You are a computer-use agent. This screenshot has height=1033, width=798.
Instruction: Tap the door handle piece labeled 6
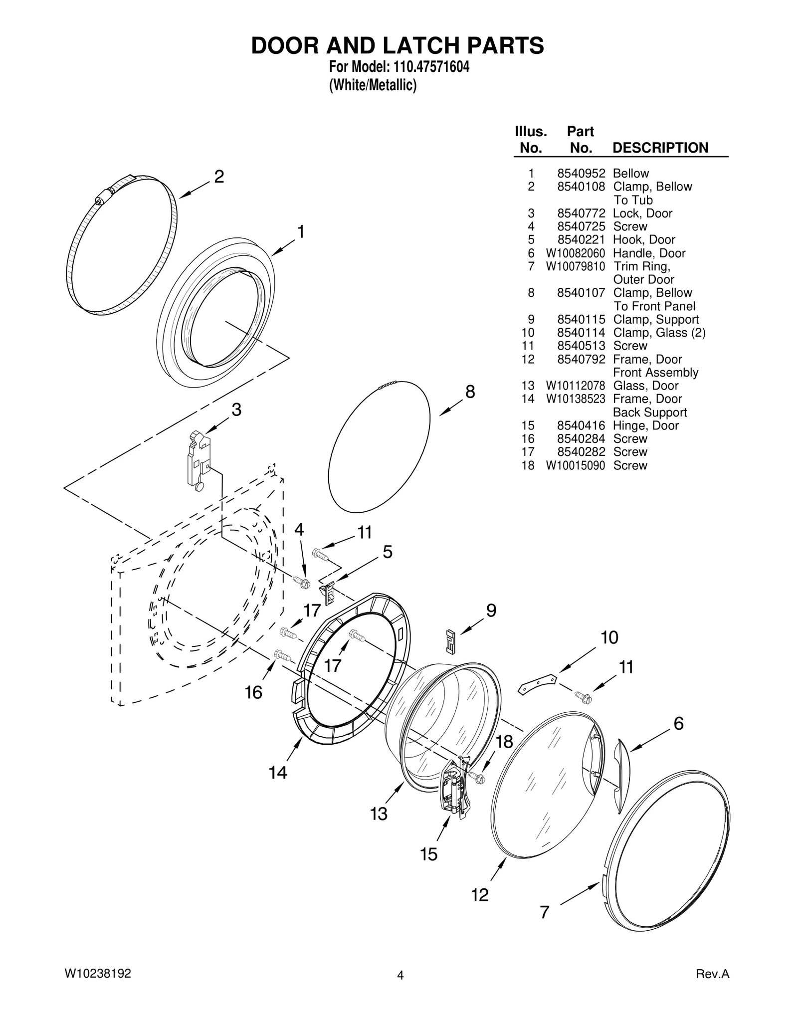622,769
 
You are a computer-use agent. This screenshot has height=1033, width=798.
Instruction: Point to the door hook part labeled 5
329,593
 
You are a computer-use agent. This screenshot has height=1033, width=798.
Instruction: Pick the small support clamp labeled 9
450,640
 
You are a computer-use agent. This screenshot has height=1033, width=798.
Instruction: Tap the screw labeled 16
282,655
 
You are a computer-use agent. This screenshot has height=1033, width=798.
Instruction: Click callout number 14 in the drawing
278,773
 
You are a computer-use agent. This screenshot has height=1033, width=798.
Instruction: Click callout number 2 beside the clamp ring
219,177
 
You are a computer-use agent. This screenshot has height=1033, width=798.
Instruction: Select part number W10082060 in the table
575,253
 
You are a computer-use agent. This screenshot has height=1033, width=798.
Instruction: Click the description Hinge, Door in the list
645,425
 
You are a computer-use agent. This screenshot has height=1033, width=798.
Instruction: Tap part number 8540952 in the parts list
581,174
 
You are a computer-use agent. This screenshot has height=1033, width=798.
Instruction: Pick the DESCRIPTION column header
660,148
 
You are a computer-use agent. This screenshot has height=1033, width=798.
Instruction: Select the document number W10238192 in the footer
98,973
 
